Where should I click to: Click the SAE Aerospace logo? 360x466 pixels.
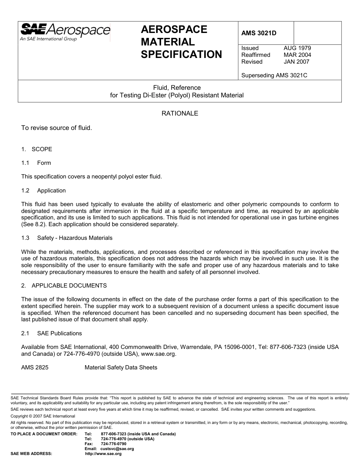click(x=65, y=31)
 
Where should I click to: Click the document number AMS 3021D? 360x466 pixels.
click(x=259, y=33)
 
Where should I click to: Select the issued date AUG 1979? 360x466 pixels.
click(x=297, y=48)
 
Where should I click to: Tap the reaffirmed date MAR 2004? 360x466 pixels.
click(x=297, y=55)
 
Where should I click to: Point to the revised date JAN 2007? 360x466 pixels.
click(x=296, y=62)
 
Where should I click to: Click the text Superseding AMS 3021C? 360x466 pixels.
click(x=274, y=75)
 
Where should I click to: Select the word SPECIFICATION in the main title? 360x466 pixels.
click(x=182, y=55)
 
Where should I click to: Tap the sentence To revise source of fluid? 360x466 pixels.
click(x=56, y=128)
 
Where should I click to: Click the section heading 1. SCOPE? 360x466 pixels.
click(x=37, y=149)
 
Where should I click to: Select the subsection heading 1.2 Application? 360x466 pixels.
click(x=44, y=191)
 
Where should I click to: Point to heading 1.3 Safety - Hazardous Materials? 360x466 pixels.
click(x=67, y=238)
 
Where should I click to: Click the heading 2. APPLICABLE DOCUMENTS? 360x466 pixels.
click(x=64, y=286)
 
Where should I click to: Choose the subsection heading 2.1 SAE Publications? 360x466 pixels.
click(x=52, y=333)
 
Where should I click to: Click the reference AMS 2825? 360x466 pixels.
click(x=35, y=367)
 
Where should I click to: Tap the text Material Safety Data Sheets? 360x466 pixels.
click(x=121, y=367)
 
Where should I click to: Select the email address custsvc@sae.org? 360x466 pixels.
click(x=117, y=449)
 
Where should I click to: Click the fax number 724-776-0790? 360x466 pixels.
click(x=114, y=444)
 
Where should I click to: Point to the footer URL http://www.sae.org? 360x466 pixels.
click(x=103, y=453)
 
